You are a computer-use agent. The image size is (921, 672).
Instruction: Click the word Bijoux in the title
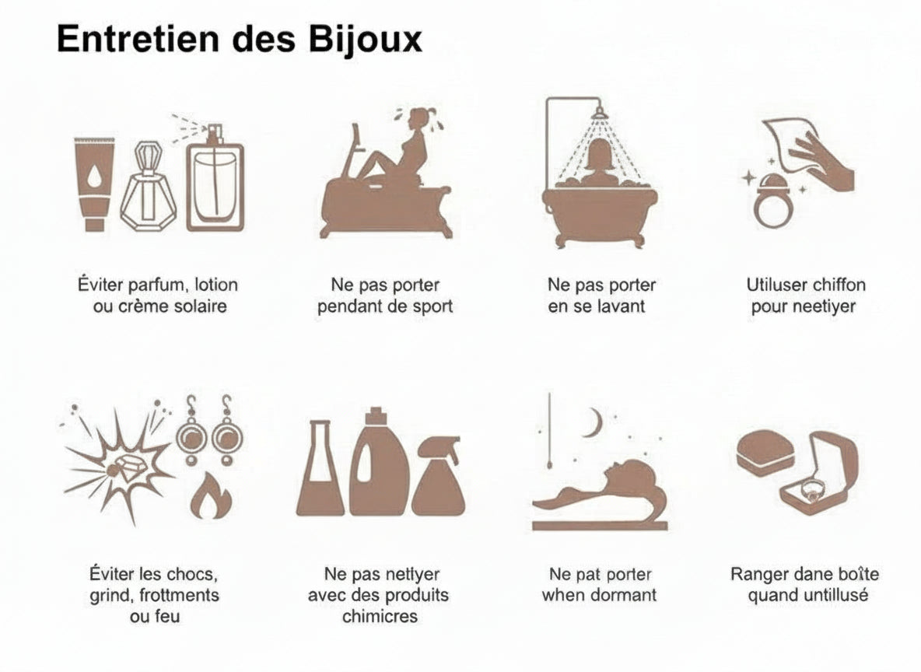(365, 40)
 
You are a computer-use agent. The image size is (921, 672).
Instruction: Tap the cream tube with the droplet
(93, 184)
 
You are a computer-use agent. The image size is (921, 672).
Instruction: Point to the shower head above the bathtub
(598, 112)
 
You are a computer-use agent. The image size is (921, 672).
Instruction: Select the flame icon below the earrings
(211, 497)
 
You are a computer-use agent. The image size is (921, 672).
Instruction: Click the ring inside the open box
(811, 490)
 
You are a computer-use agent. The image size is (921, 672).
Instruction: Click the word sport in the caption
(432, 306)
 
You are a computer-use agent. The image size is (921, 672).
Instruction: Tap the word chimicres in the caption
(380, 616)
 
